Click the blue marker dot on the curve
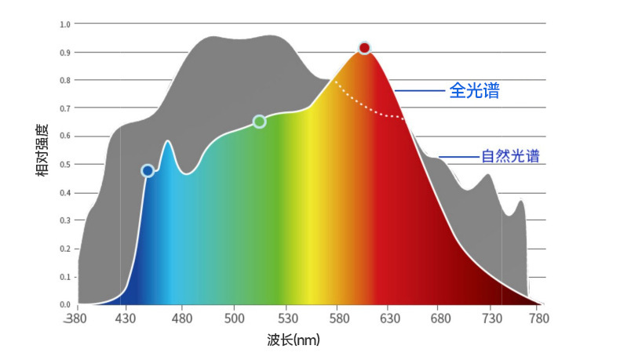(148, 171)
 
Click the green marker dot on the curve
(260, 122)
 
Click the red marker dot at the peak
(364, 48)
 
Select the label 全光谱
(474, 91)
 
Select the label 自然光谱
(510, 156)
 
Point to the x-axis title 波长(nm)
(294, 340)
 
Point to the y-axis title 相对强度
(43, 149)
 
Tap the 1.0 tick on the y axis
(65, 24)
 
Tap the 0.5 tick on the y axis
(65, 165)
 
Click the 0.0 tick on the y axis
(65, 304)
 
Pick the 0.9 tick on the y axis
(65, 53)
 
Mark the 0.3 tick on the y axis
(65, 220)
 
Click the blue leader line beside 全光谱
(420, 91)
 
